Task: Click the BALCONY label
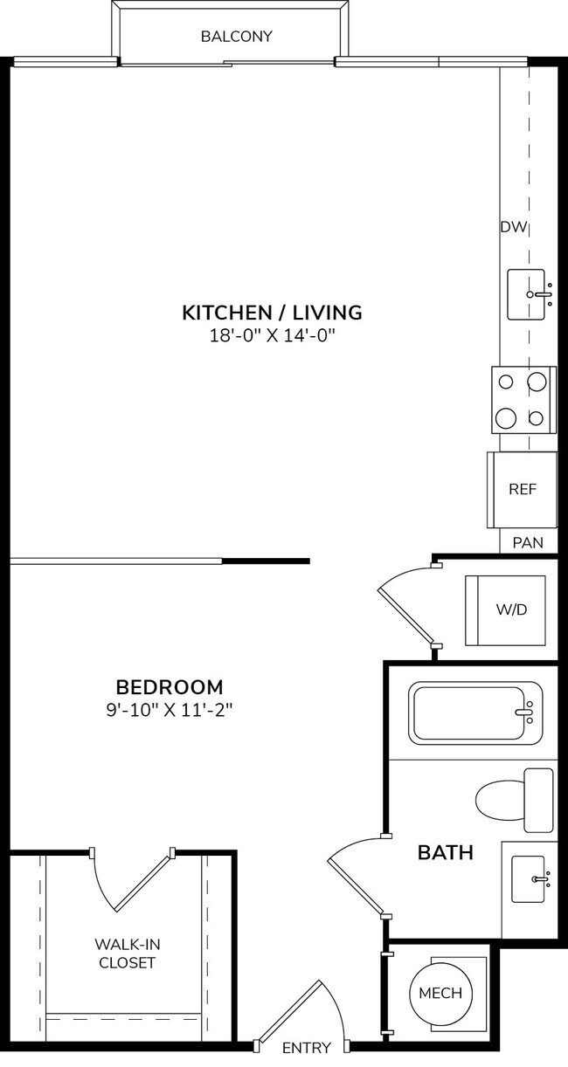click(x=236, y=37)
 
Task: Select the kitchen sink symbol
click(x=529, y=295)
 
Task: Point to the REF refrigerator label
click(x=522, y=489)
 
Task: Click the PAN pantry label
click(x=527, y=542)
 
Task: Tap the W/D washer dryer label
click(x=512, y=609)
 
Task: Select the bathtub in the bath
click(x=473, y=712)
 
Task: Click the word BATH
click(x=445, y=852)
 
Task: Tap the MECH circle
click(x=440, y=993)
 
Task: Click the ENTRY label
click(x=307, y=1048)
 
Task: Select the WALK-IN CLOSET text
click(x=127, y=953)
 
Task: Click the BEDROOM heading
click(x=170, y=686)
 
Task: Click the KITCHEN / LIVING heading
click(x=272, y=312)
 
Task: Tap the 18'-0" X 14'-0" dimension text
click(x=272, y=336)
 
